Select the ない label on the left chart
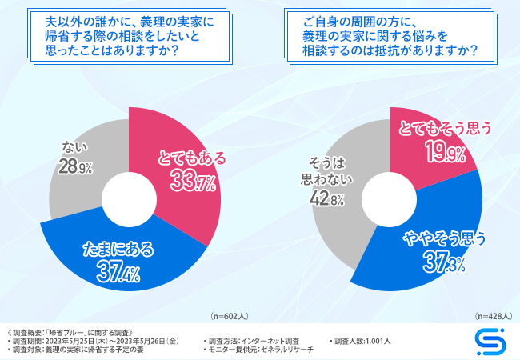74,146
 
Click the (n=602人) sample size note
228,316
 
